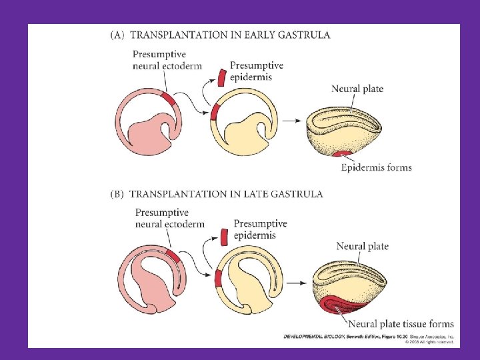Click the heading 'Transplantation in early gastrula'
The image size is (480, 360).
220,34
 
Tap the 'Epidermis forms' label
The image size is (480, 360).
376,167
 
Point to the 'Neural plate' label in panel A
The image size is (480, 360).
357,89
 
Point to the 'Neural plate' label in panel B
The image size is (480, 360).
362,246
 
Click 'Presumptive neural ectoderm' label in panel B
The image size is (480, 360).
169,218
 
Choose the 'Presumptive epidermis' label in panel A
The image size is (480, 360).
256,71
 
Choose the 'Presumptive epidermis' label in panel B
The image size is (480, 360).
260,229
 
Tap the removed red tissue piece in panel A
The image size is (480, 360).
221,77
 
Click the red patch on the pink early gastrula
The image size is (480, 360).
170,99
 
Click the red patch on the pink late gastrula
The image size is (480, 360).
172,256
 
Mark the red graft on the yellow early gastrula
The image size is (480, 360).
214,111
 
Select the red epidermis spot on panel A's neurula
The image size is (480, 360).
345,156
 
